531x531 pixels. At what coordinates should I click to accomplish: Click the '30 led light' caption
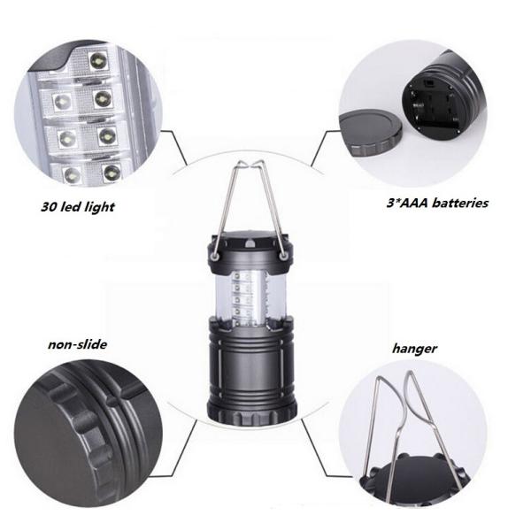(78, 206)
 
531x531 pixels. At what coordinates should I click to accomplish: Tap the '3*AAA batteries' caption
(437, 203)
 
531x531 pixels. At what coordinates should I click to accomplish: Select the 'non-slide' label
(78, 344)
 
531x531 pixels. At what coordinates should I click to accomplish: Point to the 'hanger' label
(414, 349)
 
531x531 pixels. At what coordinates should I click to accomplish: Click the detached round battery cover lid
(371, 132)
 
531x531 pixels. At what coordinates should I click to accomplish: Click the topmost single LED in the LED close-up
(98, 61)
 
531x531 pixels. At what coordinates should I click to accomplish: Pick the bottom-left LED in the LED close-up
(73, 175)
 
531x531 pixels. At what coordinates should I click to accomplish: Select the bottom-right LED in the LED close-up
(112, 172)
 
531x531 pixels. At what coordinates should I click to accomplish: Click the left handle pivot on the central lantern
(215, 257)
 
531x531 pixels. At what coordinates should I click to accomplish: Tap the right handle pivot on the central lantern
(283, 257)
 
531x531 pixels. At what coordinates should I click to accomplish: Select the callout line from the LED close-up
(174, 148)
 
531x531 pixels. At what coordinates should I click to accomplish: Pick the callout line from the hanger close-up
(322, 448)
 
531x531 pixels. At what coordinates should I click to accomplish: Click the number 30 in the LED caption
(49, 206)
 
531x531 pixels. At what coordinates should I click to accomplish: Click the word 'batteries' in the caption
(460, 203)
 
